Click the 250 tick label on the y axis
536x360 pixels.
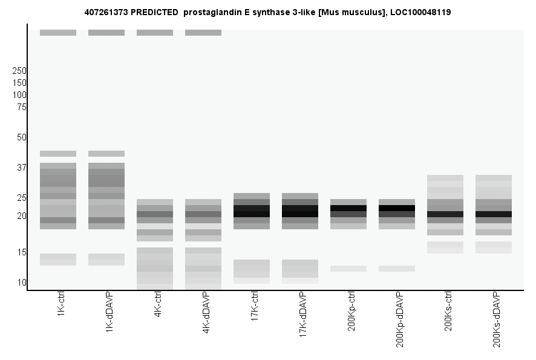tap(19, 71)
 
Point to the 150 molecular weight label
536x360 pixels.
tap(19, 83)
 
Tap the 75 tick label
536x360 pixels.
tap(22, 107)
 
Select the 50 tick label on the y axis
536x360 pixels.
tap(22, 137)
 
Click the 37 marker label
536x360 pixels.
tap(22, 168)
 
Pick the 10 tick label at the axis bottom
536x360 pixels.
tap(22, 283)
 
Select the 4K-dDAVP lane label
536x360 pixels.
tap(206, 312)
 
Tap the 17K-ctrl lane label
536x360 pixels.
tap(255, 308)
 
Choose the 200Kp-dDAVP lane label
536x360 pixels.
tap(400, 319)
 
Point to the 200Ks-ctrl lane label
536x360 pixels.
tap(448, 311)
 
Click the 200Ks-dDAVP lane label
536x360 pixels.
tap(497, 318)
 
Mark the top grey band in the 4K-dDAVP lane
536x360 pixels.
tap(203, 33)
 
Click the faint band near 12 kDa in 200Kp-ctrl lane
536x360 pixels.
tap(348, 269)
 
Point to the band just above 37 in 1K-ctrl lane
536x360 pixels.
tap(58, 154)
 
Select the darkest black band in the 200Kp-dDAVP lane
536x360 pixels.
tap(397, 208)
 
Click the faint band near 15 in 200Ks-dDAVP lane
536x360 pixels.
tap(494, 247)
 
